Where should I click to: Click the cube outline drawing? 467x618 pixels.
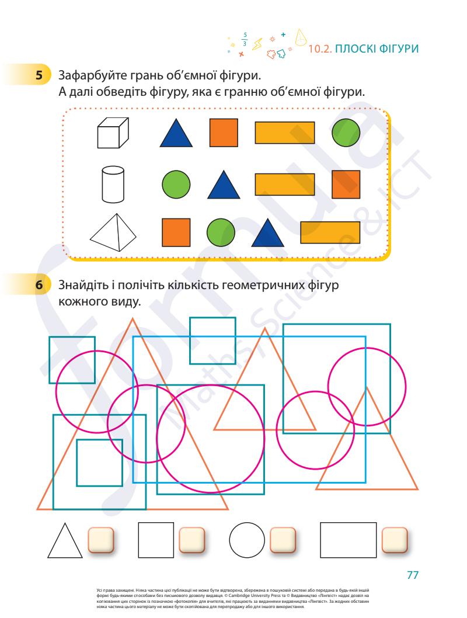[x=113, y=133]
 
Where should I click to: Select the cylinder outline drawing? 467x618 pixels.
[x=113, y=184]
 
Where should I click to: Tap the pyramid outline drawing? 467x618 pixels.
[x=113, y=232]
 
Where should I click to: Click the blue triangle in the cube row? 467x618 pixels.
[x=176, y=133]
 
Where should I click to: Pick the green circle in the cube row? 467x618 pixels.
[x=346, y=133]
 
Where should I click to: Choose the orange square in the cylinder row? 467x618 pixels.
[x=346, y=185]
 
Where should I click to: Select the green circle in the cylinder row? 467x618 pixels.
[x=176, y=185]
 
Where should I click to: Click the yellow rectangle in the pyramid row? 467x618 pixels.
[x=330, y=232]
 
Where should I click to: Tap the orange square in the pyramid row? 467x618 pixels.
[x=176, y=232]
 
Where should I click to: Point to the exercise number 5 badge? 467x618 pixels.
[x=39, y=75]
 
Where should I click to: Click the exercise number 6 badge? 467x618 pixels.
[x=39, y=284]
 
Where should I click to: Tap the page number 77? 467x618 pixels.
[x=413, y=575]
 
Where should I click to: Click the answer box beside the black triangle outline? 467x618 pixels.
[x=101, y=540]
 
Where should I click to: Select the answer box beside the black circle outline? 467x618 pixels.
[x=283, y=540]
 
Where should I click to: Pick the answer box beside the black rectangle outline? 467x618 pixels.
[x=395, y=540]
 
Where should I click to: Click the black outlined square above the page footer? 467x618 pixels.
[x=156, y=540]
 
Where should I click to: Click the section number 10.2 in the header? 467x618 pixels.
[x=320, y=49]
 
